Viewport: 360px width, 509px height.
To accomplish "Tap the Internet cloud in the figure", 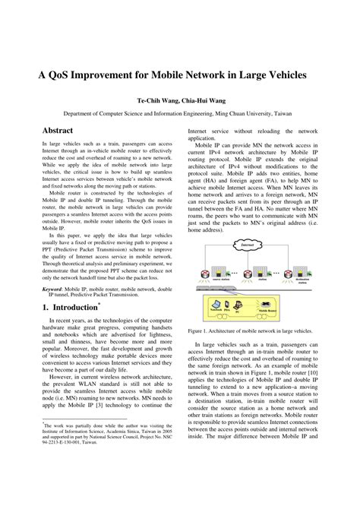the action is coord(247,224).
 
